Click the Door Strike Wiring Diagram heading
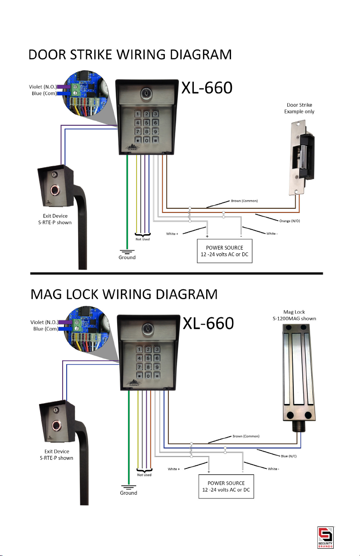130,55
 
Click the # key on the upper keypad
155,141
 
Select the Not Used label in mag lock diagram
144,475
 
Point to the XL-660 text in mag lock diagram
208,323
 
